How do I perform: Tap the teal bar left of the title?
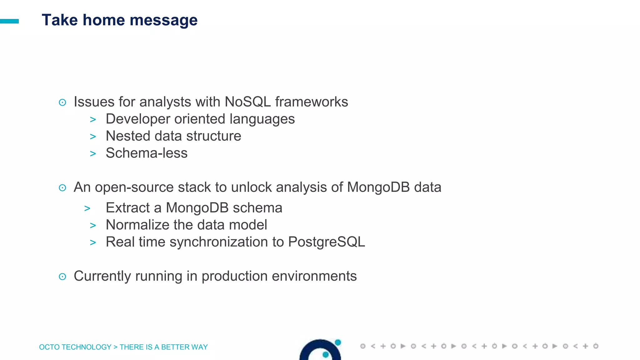coord(9,21)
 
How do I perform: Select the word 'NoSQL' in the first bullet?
coord(247,102)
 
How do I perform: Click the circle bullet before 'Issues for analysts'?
coord(62,102)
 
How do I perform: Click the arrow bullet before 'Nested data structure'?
coord(93,137)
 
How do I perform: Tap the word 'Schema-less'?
coord(147,153)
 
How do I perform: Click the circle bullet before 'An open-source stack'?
coord(62,188)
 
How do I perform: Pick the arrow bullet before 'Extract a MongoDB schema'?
coord(87,208)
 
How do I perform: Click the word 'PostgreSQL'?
coord(326,242)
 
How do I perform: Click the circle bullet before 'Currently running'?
coord(62,277)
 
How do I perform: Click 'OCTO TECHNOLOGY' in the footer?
coord(75,347)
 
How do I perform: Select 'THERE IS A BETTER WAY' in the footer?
coord(163,347)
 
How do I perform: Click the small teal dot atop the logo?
coord(338,342)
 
